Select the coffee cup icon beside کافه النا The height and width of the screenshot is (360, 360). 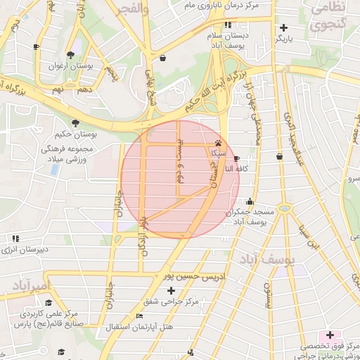pos(236,159)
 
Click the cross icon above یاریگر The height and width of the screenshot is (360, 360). pos(283,27)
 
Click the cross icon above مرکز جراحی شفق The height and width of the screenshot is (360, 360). pos(171,290)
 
